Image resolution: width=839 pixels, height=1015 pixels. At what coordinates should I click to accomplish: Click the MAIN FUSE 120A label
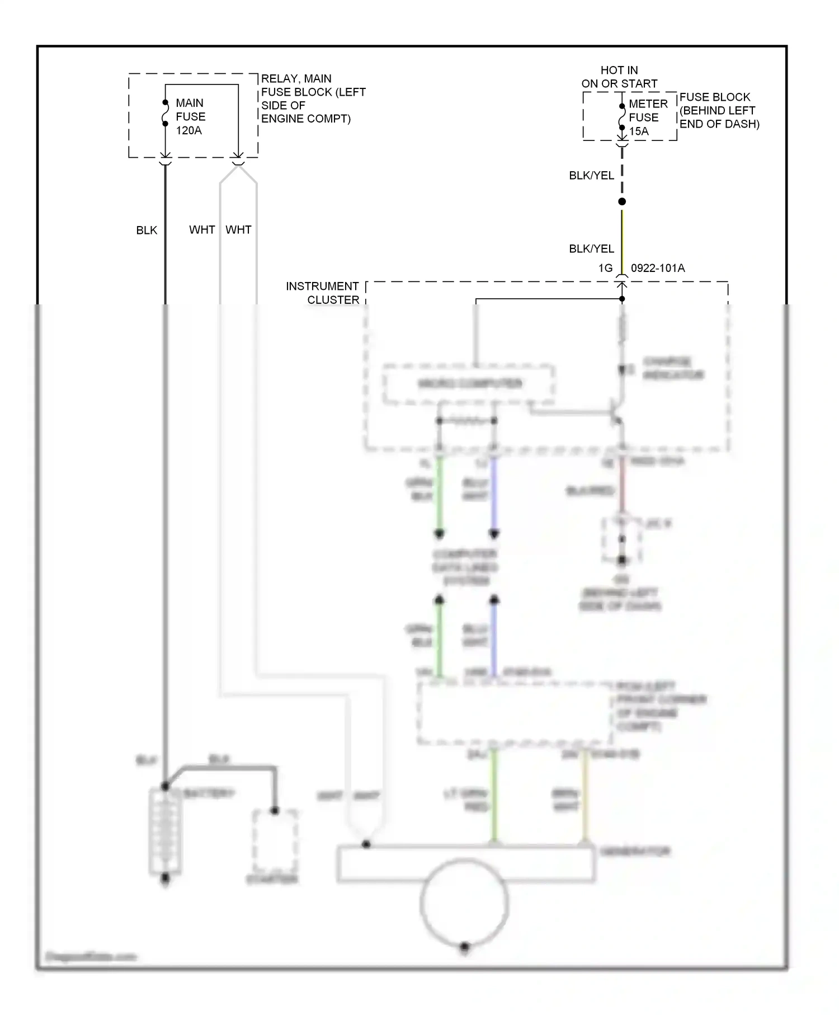(x=190, y=116)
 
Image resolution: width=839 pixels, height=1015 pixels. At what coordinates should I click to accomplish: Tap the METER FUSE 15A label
(x=647, y=118)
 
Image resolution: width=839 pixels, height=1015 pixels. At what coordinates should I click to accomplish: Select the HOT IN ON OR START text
(x=619, y=77)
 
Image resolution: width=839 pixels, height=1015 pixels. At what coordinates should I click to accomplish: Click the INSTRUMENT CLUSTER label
(x=323, y=293)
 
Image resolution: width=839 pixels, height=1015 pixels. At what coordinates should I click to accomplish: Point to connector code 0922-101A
(x=657, y=268)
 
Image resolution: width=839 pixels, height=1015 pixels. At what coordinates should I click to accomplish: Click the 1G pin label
(x=605, y=268)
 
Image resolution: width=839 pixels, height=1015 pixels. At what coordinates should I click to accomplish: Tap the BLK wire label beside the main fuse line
(x=147, y=230)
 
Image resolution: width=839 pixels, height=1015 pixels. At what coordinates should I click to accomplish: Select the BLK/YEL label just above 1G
(x=591, y=248)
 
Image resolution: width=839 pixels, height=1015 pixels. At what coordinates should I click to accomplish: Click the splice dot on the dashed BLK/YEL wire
(x=621, y=201)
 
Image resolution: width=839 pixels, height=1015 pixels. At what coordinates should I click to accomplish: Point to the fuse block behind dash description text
(x=719, y=110)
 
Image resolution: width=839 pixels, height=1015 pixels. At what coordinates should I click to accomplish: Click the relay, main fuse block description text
(x=313, y=98)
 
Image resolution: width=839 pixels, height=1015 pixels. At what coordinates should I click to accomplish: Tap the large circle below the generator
(x=464, y=903)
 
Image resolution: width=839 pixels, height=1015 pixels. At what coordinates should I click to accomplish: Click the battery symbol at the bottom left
(x=164, y=831)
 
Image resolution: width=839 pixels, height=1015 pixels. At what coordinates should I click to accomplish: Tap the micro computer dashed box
(x=469, y=384)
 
